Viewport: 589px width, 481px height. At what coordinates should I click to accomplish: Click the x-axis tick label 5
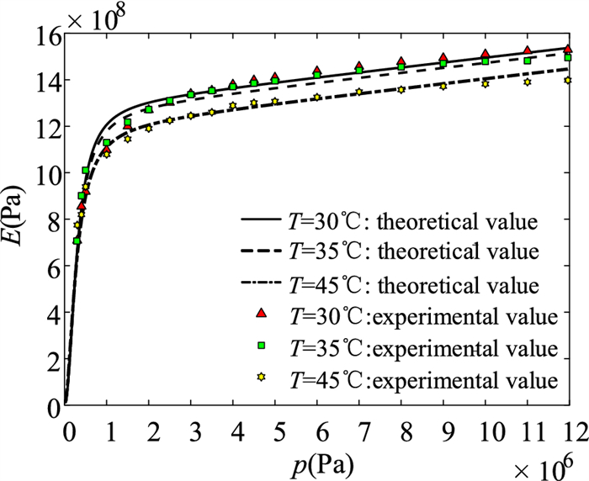[275, 431]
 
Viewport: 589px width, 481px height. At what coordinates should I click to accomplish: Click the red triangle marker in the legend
[261, 314]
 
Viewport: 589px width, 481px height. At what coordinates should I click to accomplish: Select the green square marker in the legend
[261, 346]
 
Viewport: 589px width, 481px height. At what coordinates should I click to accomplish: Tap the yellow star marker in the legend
[261, 378]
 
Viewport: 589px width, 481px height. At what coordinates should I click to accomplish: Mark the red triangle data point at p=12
[568, 50]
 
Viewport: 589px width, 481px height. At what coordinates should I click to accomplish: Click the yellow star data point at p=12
[568, 81]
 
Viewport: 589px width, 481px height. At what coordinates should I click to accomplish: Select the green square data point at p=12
[568, 57]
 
